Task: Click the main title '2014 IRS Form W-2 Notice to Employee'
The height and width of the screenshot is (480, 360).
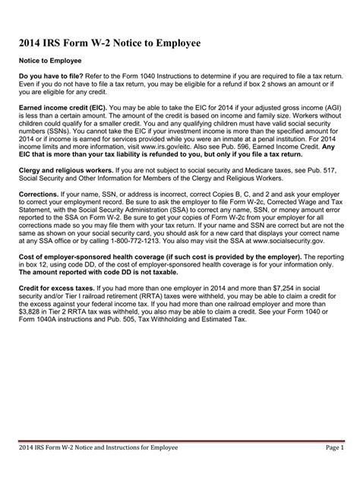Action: [x=111, y=44]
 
